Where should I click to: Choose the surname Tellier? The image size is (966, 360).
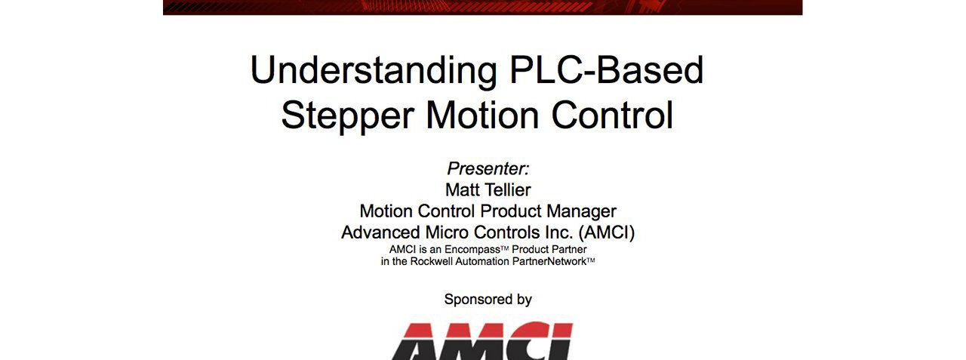click(x=509, y=189)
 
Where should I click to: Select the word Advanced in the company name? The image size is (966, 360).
click(x=378, y=232)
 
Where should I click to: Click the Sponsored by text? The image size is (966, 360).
click(x=488, y=300)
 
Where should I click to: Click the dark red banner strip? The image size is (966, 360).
click(x=482, y=7)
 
